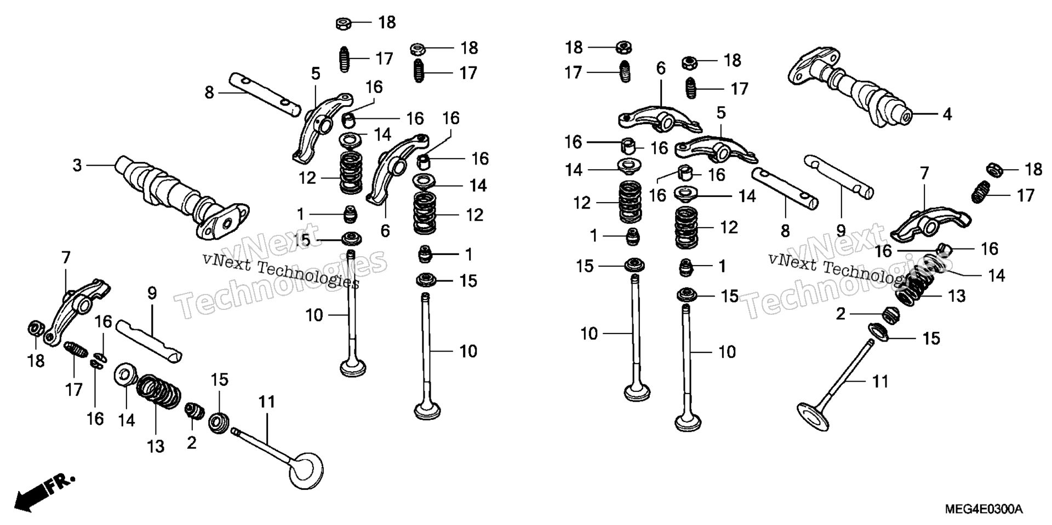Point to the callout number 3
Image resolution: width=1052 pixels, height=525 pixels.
coord(77,165)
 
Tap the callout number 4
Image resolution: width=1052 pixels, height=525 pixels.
coord(947,114)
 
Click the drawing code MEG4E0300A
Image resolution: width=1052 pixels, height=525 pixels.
coord(982,509)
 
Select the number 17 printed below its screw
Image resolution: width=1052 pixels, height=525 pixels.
coord(73,390)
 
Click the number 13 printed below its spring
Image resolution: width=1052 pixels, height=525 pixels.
coord(156,446)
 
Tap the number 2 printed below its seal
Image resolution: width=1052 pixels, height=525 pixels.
coord(191,442)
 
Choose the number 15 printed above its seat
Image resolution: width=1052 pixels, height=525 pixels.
coord(219,379)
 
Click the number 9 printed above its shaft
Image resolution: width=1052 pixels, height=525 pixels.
coord(152,293)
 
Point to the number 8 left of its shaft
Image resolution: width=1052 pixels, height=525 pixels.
coord(209,93)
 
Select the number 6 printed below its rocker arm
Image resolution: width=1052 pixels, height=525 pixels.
coord(385,231)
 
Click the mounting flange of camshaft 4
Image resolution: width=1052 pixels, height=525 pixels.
coord(811,66)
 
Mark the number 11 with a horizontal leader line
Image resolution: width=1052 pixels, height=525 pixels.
coord(880,381)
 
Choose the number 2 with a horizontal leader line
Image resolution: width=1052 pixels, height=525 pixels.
coord(841,314)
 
